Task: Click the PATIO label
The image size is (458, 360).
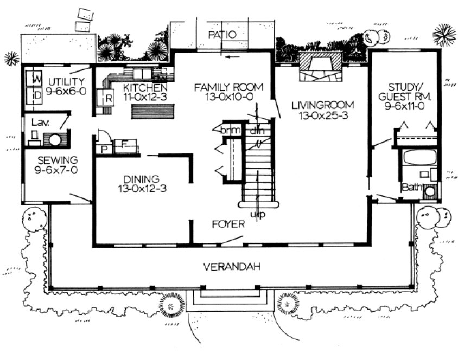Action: click(222, 35)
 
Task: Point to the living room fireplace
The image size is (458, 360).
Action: click(322, 67)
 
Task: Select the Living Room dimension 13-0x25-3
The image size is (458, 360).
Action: click(322, 115)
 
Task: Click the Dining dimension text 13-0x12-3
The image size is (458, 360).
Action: click(141, 189)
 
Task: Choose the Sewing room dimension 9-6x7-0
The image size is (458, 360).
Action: click(57, 170)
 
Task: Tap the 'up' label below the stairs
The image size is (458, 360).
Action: click(258, 215)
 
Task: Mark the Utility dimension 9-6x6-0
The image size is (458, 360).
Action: click(66, 91)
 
